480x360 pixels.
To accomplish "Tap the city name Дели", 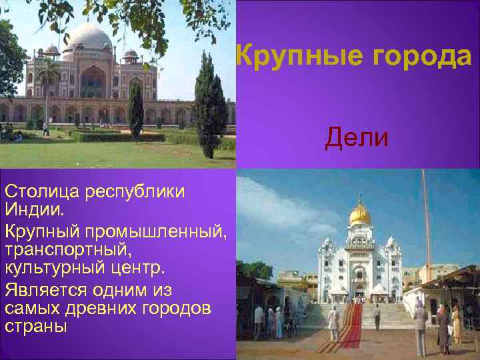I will (357, 137).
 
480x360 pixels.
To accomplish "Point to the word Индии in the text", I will (34, 211).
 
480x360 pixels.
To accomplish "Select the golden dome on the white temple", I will (359, 213).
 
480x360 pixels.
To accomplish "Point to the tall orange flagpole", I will (425, 220).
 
